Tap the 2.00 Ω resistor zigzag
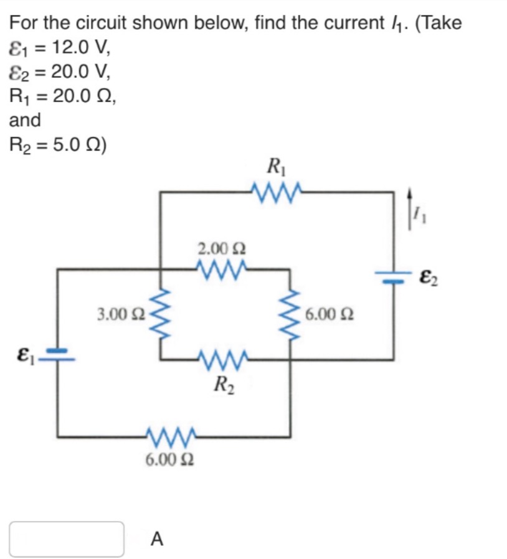click(222, 269)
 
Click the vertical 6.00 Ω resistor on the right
click(290, 314)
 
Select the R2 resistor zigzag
click(222, 359)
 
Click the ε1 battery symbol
click(59, 355)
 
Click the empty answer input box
click(67, 538)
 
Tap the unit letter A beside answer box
click(158, 539)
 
